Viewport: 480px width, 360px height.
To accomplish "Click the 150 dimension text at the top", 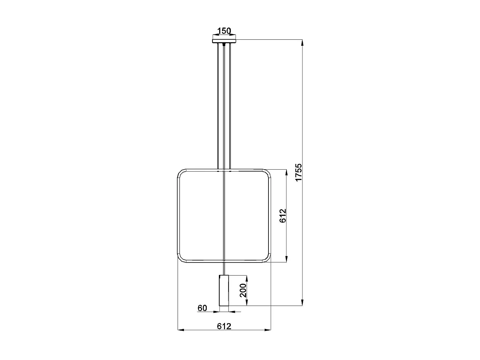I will point(224,31).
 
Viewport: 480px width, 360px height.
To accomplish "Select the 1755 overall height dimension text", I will point(298,172).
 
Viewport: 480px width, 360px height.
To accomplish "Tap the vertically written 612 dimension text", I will point(283,216).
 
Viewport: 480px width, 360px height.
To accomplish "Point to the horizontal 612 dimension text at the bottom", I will point(224,326).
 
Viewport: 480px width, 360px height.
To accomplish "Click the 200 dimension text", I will point(244,290).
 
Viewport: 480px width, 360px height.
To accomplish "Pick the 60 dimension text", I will point(202,308).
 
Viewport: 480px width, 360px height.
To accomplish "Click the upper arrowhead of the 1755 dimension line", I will point(302,42).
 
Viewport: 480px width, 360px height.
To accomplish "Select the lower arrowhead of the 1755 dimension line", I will point(302,303).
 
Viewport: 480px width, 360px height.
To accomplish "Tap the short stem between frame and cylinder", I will point(224,268).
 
